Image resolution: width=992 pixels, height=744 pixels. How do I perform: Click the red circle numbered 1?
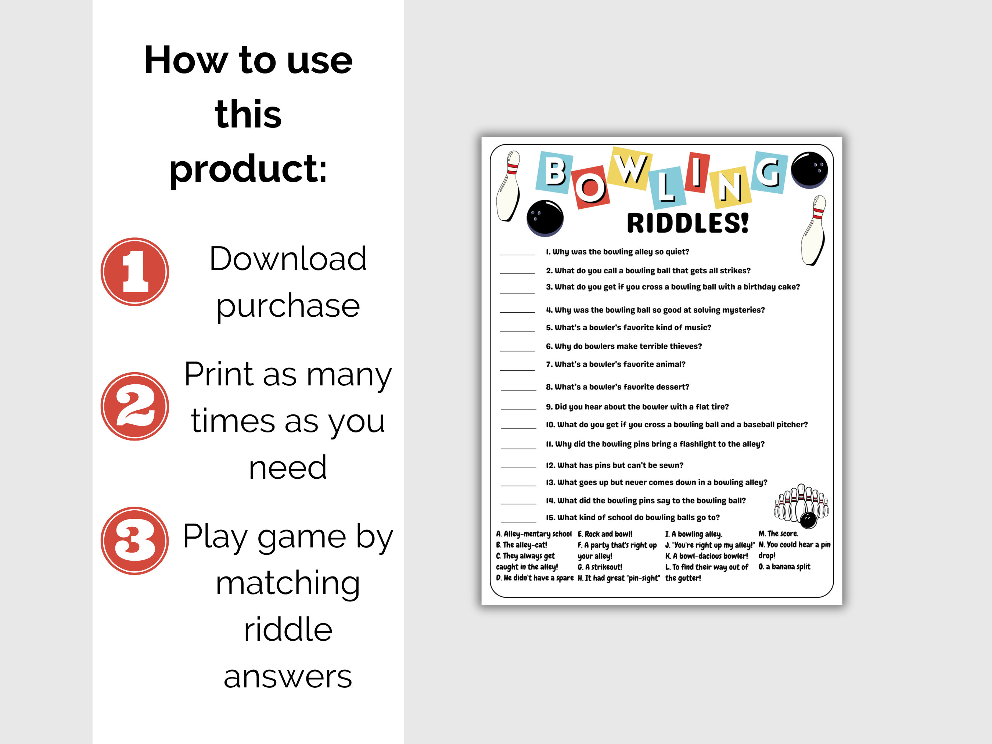coord(134,272)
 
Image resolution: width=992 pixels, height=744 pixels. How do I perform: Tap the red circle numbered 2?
coord(134,406)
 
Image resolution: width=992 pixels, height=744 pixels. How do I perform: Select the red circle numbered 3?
coord(134,540)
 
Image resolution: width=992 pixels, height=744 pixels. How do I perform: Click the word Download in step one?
coord(288,259)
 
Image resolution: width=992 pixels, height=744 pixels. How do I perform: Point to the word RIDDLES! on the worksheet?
coord(687,223)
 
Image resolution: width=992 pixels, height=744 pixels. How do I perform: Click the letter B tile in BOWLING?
coord(555,172)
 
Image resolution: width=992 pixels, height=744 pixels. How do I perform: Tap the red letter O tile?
coord(590,187)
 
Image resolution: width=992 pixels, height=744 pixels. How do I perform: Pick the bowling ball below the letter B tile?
coord(545,218)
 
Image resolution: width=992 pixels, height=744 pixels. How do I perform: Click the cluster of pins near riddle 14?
coord(801,505)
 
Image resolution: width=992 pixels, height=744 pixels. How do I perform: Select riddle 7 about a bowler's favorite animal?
coord(615,364)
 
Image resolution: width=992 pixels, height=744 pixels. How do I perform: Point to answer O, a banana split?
coord(784,567)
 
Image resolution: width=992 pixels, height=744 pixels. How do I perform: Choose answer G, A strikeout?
coord(600,567)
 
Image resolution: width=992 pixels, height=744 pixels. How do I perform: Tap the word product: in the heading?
coord(248,168)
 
